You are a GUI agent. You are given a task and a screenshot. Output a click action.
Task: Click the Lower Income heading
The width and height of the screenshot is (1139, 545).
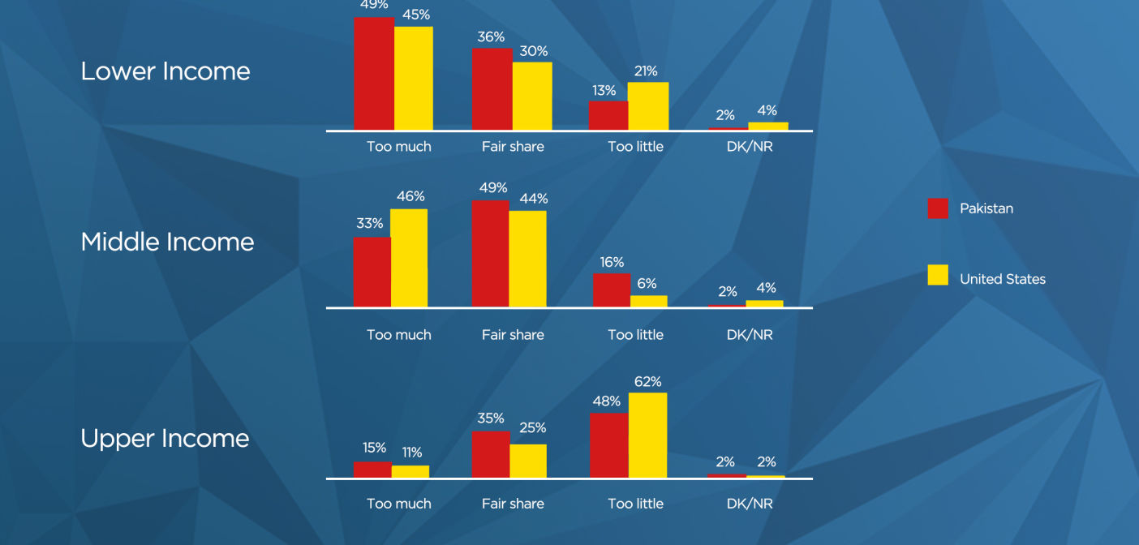(x=165, y=71)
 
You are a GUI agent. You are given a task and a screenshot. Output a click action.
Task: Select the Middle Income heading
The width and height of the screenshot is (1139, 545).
(x=167, y=242)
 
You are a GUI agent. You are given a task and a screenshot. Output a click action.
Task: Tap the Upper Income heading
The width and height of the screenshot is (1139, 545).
(x=165, y=438)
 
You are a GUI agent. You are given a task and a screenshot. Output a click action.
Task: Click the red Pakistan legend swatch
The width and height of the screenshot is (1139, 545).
(x=938, y=208)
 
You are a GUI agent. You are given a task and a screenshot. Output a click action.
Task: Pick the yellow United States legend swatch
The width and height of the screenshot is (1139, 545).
(x=938, y=275)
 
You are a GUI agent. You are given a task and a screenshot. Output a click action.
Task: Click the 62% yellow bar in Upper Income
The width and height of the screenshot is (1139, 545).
(x=648, y=436)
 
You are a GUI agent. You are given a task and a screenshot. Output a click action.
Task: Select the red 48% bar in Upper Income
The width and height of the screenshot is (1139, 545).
(x=609, y=445)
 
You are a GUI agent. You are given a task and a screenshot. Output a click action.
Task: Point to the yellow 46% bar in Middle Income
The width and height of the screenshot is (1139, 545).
(x=409, y=258)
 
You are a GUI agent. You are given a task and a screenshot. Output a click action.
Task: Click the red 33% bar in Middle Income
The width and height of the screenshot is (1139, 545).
(x=372, y=272)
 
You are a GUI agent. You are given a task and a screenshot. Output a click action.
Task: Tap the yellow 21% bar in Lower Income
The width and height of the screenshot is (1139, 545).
(x=648, y=106)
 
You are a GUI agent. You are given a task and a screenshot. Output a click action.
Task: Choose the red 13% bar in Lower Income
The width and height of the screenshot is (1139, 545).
(x=608, y=115)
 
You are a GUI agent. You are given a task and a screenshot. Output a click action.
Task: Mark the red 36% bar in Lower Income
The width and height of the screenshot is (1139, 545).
(x=492, y=89)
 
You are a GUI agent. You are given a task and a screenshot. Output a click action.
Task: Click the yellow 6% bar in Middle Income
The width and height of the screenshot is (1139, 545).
(x=649, y=302)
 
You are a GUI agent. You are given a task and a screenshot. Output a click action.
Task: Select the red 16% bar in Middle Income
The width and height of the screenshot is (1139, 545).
(x=612, y=290)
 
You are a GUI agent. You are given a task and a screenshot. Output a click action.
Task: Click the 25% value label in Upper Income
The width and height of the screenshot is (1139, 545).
(x=533, y=427)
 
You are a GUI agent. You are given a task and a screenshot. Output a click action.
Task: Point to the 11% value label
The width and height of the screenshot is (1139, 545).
(x=412, y=452)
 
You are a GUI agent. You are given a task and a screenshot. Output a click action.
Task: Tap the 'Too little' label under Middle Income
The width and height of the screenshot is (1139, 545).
(x=635, y=334)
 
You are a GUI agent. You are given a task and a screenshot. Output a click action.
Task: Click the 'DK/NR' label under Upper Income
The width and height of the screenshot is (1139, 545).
(x=750, y=504)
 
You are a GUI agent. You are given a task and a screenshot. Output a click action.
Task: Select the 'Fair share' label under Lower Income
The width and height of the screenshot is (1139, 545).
(x=513, y=147)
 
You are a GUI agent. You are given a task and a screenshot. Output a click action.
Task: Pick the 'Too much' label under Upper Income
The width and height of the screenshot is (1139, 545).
(x=399, y=504)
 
